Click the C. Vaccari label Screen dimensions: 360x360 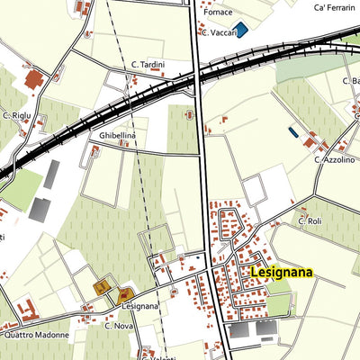220,32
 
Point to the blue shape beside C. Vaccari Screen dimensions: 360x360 241,31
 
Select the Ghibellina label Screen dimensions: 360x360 117,135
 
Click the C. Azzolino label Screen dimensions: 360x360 333,159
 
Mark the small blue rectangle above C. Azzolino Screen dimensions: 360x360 292,131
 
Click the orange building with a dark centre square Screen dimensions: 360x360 102,288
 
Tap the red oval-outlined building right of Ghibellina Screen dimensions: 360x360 188,115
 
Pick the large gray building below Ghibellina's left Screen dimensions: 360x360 40,209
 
